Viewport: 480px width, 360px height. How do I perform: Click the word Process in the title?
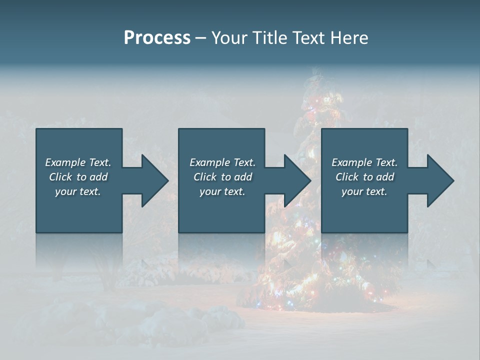click(x=157, y=38)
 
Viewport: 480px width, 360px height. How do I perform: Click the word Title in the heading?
click(x=267, y=38)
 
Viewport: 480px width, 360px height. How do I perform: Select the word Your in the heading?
click(x=228, y=38)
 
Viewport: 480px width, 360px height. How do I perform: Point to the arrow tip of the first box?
click(x=167, y=180)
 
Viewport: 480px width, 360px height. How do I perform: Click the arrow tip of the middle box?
click(x=309, y=180)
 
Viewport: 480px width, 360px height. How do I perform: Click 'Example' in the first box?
click(x=65, y=162)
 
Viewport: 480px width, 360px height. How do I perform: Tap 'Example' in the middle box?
click(x=209, y=162)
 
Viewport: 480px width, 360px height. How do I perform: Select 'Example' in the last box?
click(x=351, y=162)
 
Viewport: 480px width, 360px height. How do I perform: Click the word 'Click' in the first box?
click(x=60, y=177)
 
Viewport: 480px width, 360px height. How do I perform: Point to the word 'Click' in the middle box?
click(x=205, y=177)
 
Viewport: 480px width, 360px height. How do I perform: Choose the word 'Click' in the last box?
click(x=347, y=177)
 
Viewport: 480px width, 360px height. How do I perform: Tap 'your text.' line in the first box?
click(x=78, y=191)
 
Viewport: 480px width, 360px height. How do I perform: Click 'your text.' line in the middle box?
click(x=222, y=191)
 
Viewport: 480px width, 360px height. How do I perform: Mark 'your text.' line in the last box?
click(x=364, y=191)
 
